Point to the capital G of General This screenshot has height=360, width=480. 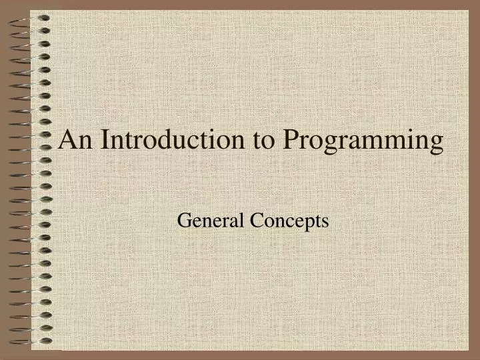(183, 221)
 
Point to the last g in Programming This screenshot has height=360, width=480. (436, 145)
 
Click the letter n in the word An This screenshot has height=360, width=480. (83, 143)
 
